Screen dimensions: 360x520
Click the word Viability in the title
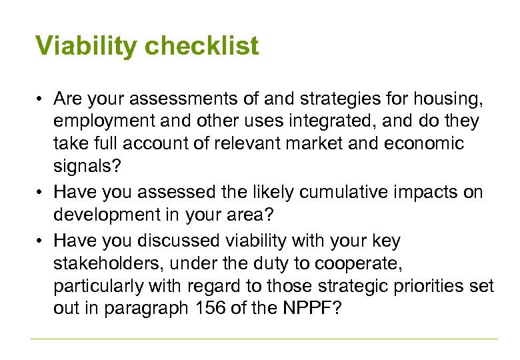(87, 46)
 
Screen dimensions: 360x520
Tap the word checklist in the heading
(201, 47)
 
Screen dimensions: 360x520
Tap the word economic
(425, 144)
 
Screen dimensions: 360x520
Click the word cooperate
(360, 263)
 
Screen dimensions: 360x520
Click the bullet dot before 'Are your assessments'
(41, 100)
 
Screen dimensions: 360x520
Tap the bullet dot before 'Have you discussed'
(41, 240)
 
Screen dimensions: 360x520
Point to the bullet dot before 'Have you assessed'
(41, 193)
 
